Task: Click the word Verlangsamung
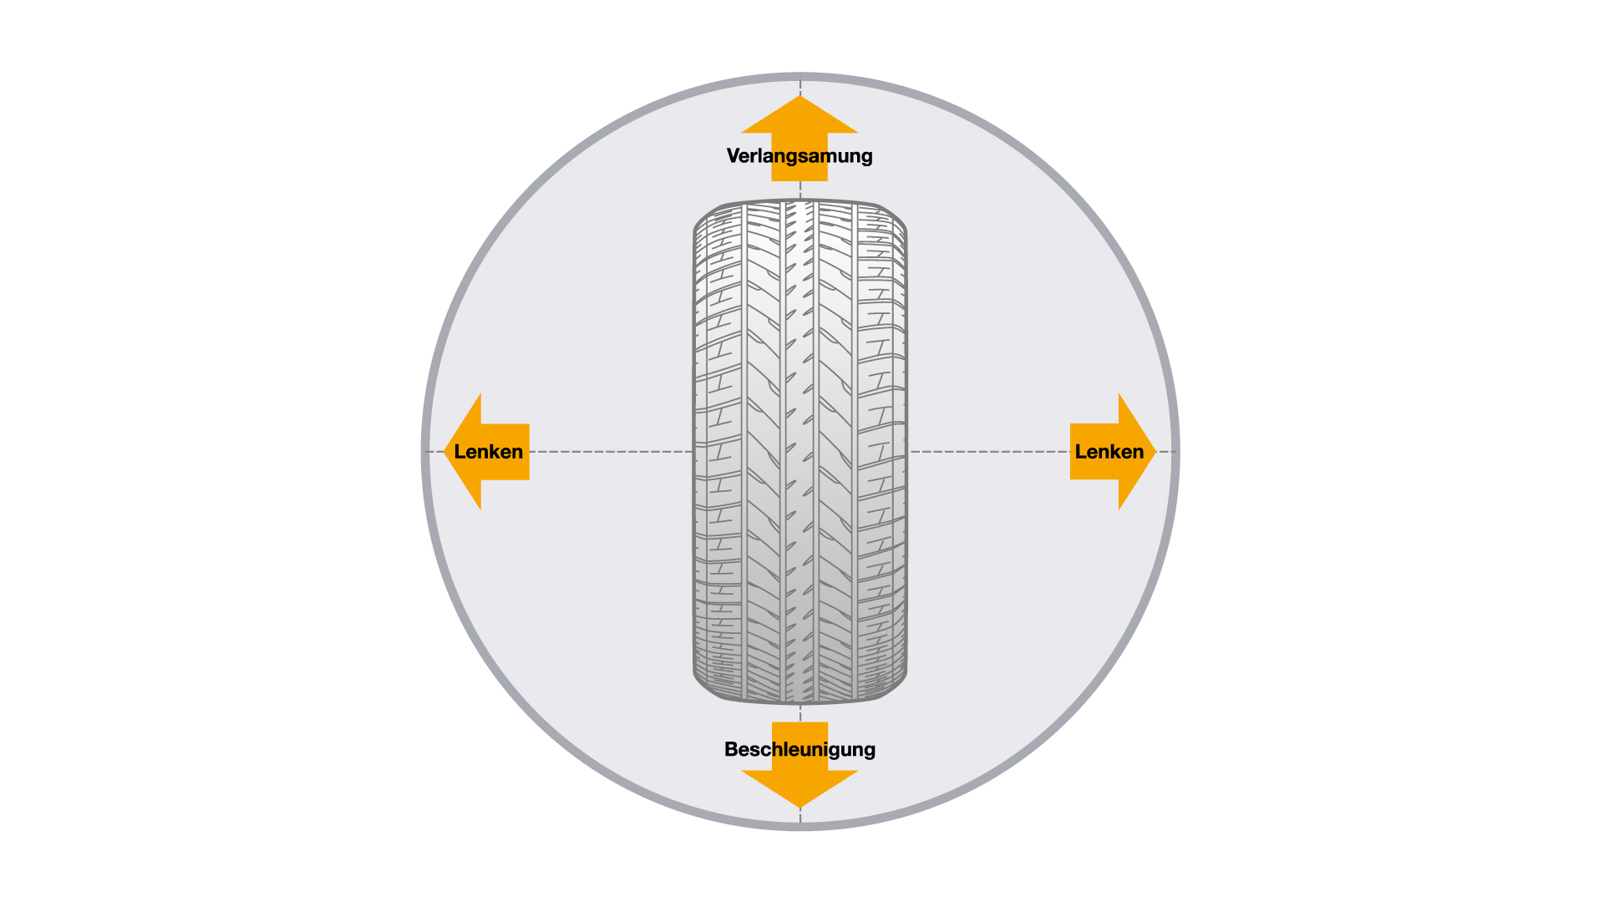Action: coord(799,156)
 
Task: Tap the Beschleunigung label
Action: coord(799,749)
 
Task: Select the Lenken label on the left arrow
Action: coord(489,452)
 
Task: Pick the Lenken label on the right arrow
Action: coord(1109,452)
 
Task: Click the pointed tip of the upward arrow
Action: coord(799,96)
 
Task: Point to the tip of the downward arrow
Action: coord(799,808)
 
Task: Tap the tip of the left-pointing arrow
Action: coord(444,452)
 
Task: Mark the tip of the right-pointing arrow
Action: coord(1155,452)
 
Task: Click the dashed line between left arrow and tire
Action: coord(611,452)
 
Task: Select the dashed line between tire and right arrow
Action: coord(990,452)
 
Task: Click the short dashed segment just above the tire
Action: coord(800,190)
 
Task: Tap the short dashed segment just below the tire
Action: coord(800,713)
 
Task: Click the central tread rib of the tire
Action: coord(799,451)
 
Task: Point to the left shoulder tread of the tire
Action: coord(717,451)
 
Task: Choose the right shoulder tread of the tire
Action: coord(882,451)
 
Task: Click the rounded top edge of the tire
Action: coord(799,200)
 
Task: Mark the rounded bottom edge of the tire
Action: coord(799,702)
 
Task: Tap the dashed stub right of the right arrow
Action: coord(1165,452)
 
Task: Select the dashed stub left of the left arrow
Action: coord(434,452)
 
